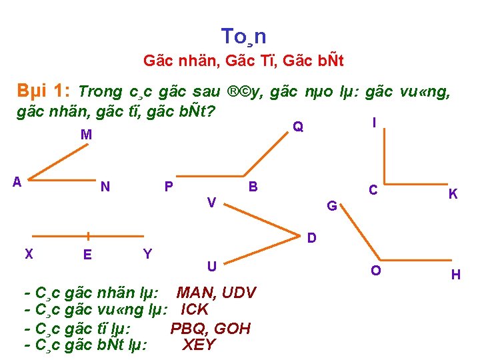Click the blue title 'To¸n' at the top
[x=243, y=36]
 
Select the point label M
[x=86, y=135]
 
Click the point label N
[x=105, y=187]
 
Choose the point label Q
[x=298, y=126]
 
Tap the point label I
[x=375, y=123]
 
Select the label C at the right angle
[x=375, y=191]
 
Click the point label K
[x=453, y=194]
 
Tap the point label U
[x=211, y=267]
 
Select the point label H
[x=455, y=273]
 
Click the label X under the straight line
[x=29, y=254]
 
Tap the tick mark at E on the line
[x=87, y=236]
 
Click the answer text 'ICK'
[x=195, y=309]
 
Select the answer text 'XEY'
[x=199, y=344]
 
